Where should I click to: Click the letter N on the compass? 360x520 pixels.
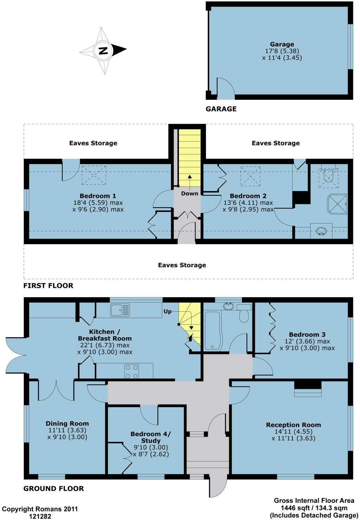point(103,51)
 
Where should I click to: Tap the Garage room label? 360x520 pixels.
point(282,44)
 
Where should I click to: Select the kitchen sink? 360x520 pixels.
point(120,310)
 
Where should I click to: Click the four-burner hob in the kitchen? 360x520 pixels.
point(132,371)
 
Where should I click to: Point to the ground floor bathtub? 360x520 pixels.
point(212,330)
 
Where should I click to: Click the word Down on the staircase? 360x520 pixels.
point(189,194)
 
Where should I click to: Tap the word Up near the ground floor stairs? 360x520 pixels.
point(168,311)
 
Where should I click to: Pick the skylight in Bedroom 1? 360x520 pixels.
point(94,175)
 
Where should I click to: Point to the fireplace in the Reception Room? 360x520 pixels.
point(308,389)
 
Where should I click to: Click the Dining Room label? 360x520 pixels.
point(67,423)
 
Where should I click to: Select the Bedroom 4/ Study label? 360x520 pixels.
point(150,437)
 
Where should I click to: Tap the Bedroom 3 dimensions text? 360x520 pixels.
point(307,345)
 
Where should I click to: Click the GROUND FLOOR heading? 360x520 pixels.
point(53,488)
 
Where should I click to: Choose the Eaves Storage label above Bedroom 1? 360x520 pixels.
point(93,143)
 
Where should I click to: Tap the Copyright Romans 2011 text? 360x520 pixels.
point(40,509)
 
